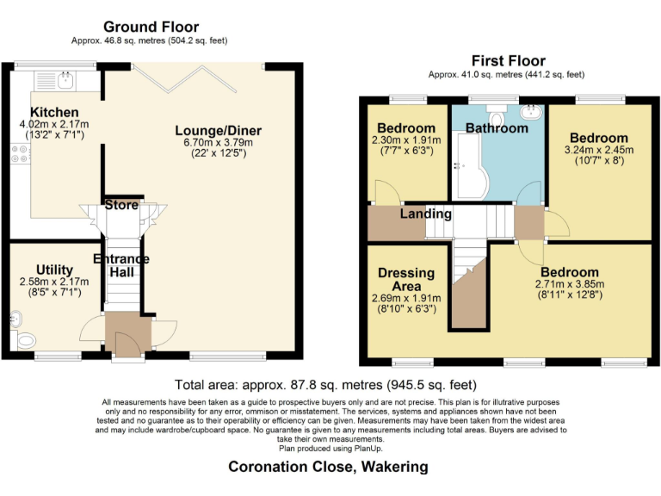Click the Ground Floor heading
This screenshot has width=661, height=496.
point(151,27)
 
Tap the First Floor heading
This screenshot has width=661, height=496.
point(509,61)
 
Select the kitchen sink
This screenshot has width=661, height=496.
point(65,81)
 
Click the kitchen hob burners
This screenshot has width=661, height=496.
point(21,154)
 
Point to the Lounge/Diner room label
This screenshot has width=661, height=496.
point(219,131)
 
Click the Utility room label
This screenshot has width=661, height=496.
point(54,270)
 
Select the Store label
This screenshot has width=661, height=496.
point(121,205)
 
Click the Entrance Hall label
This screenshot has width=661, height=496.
point(121,265)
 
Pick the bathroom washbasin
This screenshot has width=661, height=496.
point(531,112)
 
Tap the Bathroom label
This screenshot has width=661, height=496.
point(497,128)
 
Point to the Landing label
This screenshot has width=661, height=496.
point(426,214)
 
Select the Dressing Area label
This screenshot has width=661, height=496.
point(406,279)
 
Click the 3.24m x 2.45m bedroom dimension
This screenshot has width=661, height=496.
point(599,150)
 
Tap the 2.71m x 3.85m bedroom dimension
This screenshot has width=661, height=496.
point(570,284)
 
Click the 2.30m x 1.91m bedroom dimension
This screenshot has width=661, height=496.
point(406,140)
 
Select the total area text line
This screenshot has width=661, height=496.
point(325,385)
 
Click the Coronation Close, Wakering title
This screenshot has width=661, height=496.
point(328,467)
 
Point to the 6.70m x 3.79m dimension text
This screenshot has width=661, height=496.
point(219,142)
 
